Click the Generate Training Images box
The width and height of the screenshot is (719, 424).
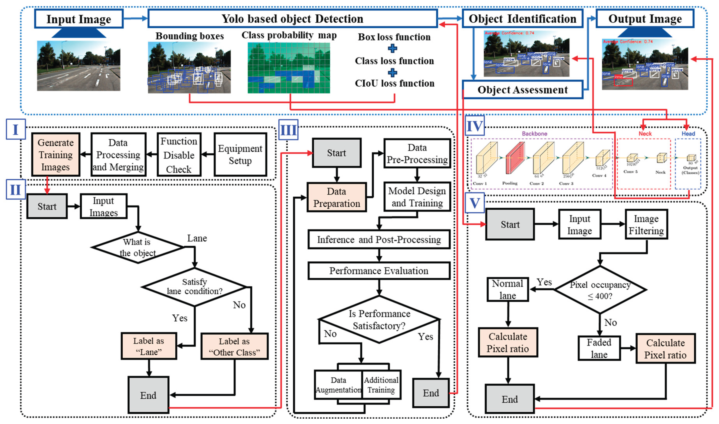click(56, 155)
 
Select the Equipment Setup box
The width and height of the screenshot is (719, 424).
click(240, 155)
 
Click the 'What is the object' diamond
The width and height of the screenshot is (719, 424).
click(138, 248)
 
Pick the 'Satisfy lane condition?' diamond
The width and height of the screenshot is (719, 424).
click(194, 287)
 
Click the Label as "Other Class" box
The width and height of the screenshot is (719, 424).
click(234, 347)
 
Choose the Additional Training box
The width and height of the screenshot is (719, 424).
click(381, 385)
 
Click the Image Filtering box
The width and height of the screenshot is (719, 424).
click(646, 225)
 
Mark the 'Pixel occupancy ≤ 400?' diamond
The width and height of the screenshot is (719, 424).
click(600, 290)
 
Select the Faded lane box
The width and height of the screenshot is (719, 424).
click(599, 348)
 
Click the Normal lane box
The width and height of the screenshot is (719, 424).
click(508, 289)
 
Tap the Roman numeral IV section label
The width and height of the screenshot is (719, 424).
click(474, 126)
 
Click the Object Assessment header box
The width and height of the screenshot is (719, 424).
click(522, 90)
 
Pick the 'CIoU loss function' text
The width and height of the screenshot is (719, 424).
click(394, 83)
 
